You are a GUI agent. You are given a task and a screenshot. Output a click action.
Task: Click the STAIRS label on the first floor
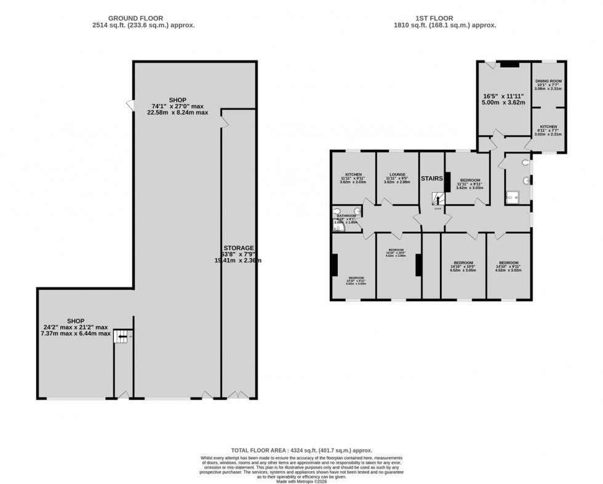[x=431, y=179]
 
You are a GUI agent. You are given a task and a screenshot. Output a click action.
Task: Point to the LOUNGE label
[x=397, y=175]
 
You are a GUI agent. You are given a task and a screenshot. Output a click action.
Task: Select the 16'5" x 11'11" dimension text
[x=503, y=96]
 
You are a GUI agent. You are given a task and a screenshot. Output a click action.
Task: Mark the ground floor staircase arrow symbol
[x=122, y=336]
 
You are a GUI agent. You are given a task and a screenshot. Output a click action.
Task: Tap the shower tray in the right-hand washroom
[x=512, y=198]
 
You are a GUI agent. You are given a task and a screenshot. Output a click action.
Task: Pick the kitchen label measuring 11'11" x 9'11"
[x=353, y=175]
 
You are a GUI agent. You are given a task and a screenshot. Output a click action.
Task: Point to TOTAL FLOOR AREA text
[x=301, y=451]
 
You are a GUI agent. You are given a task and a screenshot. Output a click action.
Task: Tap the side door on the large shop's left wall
[x=130, y=106]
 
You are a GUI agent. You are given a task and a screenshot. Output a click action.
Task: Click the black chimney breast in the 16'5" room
[x=508, y=63]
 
